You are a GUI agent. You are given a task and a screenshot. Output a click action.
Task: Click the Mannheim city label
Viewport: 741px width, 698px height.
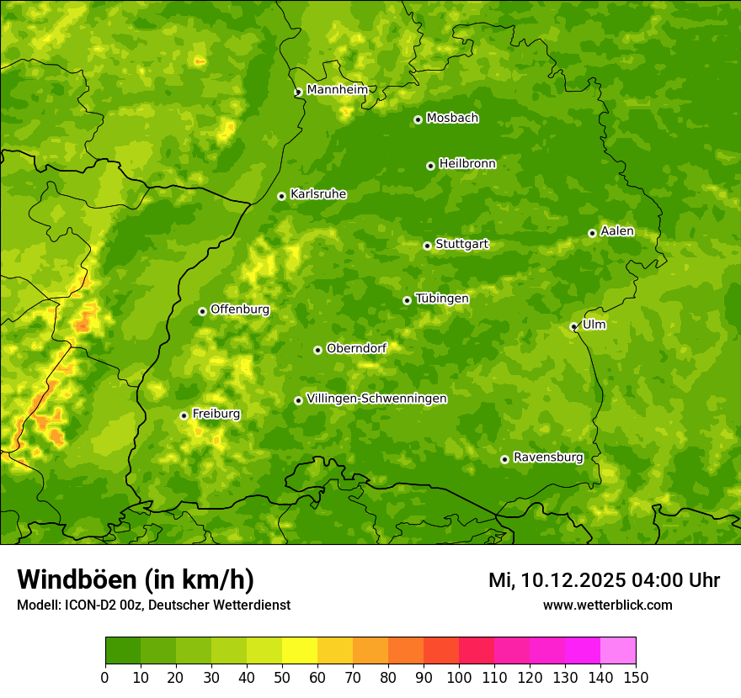pyautogui.click(x=337, y=90)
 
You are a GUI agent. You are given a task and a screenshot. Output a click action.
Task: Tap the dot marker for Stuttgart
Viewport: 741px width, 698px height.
pyautogui.click(x=427, y=246)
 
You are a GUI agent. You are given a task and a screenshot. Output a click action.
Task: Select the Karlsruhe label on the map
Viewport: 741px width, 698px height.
pyautogui.click(x=317, y=194)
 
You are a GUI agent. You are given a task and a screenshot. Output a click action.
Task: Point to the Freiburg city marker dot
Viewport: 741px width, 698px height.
pyautogui.click(x=184, y=415)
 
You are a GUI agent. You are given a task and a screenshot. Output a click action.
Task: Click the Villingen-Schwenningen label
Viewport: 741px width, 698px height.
pyautogui.click(x=376, y=399)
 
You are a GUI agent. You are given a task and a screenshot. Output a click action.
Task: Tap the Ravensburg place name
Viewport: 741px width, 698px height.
pyautogui.click(x=547, y=457)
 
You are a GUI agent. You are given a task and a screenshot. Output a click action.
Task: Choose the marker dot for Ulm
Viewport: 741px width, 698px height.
pyautogui.click(x=573, y=326)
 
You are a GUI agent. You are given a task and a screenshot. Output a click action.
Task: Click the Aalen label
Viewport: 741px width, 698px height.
pyautogui.click(x=616, y=231)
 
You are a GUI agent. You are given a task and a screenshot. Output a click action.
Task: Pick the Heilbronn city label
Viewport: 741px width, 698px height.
pyautogui.click(x=467, y=164)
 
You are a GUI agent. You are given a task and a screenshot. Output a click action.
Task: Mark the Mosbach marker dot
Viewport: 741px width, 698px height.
pyautogui.click(x=418, y=119)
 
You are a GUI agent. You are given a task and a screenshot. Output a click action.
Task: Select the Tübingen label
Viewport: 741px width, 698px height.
pyautogui.click(x=441, y=299)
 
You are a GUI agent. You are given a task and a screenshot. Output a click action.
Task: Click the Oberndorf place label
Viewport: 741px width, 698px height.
pyautogui.click(x=356, y=348)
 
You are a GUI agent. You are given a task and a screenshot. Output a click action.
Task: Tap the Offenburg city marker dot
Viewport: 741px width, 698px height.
pyautogui.click(x=202, y=311)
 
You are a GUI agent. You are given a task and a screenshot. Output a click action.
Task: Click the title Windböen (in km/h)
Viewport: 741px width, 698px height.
pyautogui.click(x=135, y=579)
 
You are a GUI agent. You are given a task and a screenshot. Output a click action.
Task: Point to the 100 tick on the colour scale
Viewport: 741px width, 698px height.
pyautogui.click(x=459, y=676)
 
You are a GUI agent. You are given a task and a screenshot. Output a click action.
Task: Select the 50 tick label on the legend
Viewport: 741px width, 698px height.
pyautogui.click(x=282, y=676)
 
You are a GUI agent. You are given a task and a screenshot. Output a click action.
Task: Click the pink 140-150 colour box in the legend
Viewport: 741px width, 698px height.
pyautogui.click(x=618, y=651)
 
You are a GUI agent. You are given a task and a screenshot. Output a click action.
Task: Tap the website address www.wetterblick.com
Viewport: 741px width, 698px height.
pyautogui.click(x=607, y=605)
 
